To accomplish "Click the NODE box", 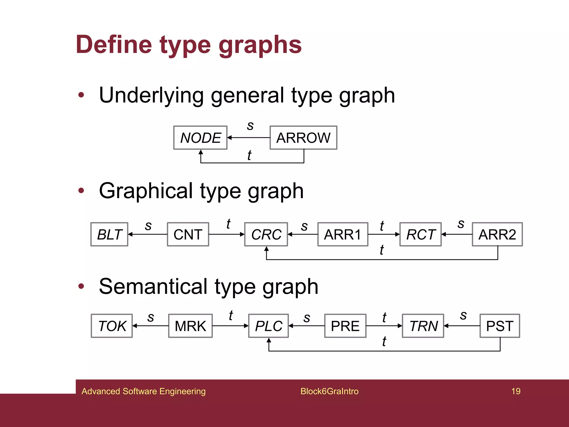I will coord(200,138).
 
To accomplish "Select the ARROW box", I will coord(303,138).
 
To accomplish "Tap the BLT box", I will coord(109,234).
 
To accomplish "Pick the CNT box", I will coord(188,234).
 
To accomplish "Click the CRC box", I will coord(266,234).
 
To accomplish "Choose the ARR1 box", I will coord(343,234).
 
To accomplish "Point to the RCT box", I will coord(420,234).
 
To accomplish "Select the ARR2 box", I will coord(497,234).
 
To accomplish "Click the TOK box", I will coord(112,326).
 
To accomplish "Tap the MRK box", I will coord(190,326).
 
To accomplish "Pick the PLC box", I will coord(268,326).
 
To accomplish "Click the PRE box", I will coord(345,326).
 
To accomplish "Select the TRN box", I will coord(423,326).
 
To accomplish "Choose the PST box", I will coord(500,326).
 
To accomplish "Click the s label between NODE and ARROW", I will coord(250,126).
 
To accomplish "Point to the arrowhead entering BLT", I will coord(130,234).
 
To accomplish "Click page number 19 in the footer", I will coord(516,391).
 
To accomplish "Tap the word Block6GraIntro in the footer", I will coord(329,391).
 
